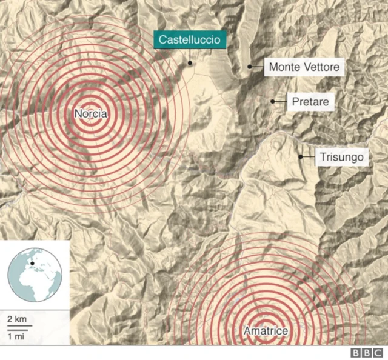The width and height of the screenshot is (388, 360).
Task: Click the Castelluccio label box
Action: coord(190,41)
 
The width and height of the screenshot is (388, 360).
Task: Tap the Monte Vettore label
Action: coord(304,67)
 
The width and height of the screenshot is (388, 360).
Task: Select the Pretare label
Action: coord(310,102)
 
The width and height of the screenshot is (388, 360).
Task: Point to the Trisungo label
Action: coord(342,158)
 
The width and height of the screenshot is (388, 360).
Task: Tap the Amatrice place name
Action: coord(266,331)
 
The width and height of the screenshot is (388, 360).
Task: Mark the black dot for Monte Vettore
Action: coord(250,67)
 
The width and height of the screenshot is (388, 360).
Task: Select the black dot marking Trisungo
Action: coord(301,157)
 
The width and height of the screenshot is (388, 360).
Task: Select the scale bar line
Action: coord(19,327)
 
